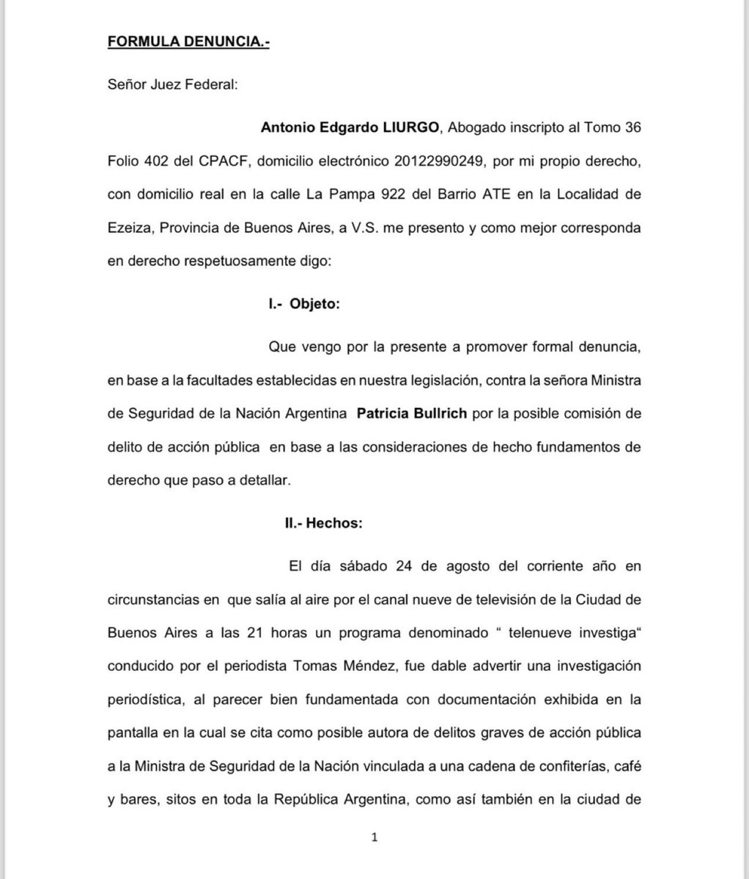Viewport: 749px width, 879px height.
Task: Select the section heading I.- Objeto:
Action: tap(305, 305)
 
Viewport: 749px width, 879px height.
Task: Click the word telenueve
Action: tap(536, 631)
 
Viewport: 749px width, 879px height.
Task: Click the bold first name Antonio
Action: tap(286, 127)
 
